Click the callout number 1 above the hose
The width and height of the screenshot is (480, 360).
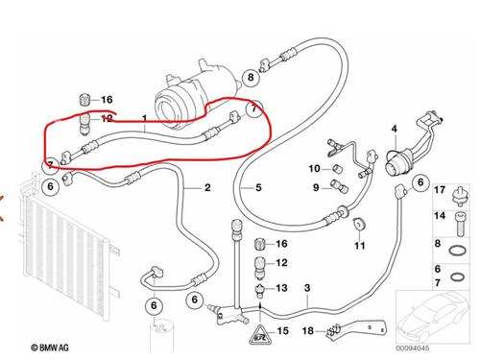pyautogui.click(x=145, y=119)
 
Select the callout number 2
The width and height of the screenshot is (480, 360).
pyautogui.click(x=207, y=187)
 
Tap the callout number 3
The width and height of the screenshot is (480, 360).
pyautogui.click(x=307, y=288)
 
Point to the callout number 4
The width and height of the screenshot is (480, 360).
pyautogui.click(x=395, y=129)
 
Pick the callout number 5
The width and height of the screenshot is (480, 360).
pyautogui.click(x=258, y=187)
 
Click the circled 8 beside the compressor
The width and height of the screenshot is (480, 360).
pyautogui.click(x=251, y=77)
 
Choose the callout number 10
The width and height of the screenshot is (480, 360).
pyautogui.click(x=314, y=168)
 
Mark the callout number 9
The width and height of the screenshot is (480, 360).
pyautogui.click(x=316, y=187)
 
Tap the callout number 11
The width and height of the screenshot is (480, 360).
pyautogui.click(x=360, y=246)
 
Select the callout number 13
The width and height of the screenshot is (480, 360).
pyautogui.click(x=281, y=288)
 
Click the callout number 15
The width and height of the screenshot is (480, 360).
pyautogui.click(x=283, y=331)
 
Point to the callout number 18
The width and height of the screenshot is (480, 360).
pyautogui.click(x=308, y=331)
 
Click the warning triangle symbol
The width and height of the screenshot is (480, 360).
pyautogui.click(x=260, y=335)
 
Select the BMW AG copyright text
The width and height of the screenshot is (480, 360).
pyautogui.click(x=50, y=348)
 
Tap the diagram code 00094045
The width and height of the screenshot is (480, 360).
pyautogui.click(x=413, y=348)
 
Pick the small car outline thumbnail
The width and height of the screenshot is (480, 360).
pyautogui.click(x=433, y=318)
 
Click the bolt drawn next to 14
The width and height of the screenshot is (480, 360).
pyautogui.click(x=461, y=224)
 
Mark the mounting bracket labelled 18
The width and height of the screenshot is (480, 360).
pyautogui.click(x=356, y=329)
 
